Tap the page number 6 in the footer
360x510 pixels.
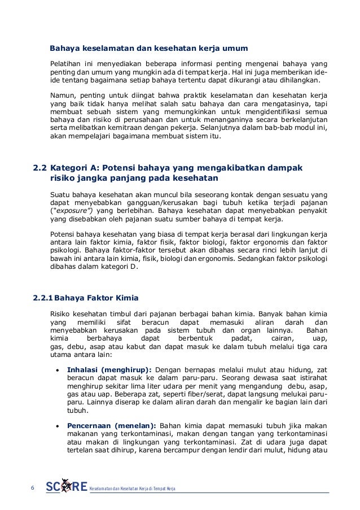[x=32, y=487]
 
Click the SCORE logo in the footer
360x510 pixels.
[x=66, y=487]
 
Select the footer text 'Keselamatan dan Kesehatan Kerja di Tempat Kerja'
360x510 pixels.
[x=133, y=488]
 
